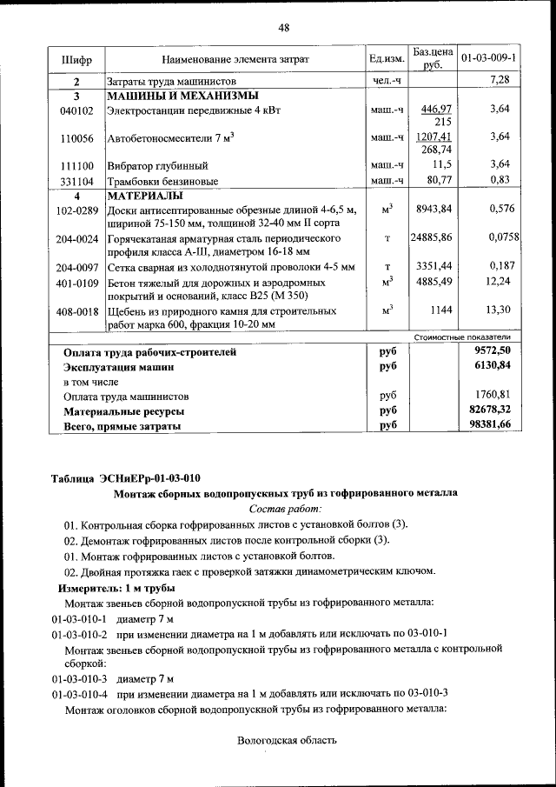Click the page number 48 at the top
(283, 28)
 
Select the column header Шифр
(76, 58)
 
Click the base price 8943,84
(434, 210)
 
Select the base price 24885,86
(432, 237)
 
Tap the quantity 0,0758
(499, 237)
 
